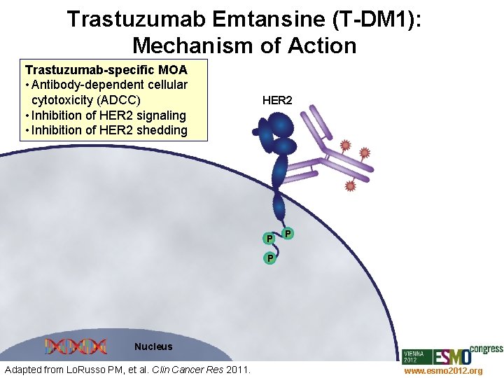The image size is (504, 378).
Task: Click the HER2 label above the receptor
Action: tap(277, 100)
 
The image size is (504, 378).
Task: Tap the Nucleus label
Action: tap(153, 346)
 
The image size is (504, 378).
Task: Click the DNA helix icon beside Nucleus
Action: tap(76, 346)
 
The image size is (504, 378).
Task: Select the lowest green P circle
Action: tap(269, 259)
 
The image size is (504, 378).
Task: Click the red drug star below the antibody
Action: tap(350, 186)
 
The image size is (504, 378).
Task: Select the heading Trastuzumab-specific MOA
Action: tap(106, 70)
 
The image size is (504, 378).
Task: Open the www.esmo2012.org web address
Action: tap(443, 370)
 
